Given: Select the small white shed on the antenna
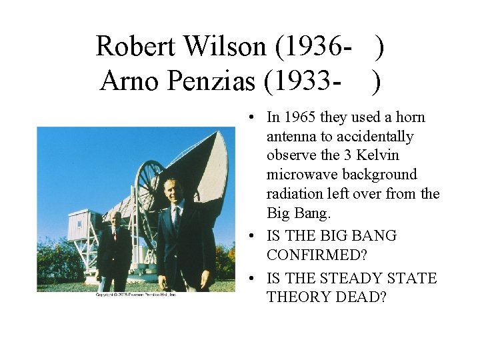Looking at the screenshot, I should point(81,226).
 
